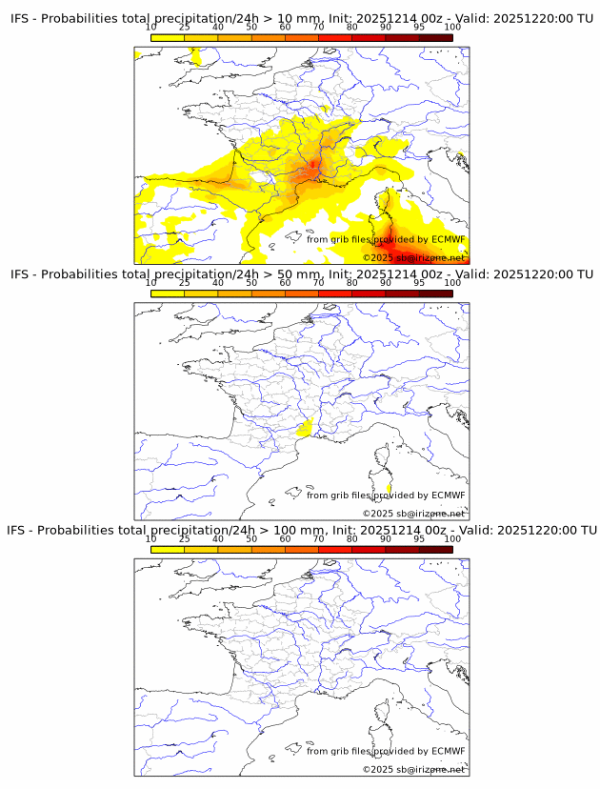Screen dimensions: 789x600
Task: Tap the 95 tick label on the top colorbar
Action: coord(419,27)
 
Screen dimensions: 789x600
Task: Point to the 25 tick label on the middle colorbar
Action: coord(185,282)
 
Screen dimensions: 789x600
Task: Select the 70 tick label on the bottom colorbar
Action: coord(318,538)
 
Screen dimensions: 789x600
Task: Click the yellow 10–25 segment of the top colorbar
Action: coord(168,38)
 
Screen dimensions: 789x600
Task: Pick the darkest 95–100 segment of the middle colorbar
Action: coord(435,293)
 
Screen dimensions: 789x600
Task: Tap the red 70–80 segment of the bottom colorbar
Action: coord(334,550)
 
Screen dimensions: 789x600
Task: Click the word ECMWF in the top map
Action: coord(448,239)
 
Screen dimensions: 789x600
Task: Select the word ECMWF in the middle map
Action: coord(448,495)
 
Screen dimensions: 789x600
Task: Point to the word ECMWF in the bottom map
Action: coord(448,751)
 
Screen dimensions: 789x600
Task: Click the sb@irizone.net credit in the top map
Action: coord(431,257)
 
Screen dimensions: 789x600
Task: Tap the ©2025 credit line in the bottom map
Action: coord(413,769)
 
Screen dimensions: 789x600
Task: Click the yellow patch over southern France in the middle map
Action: coord(307,429)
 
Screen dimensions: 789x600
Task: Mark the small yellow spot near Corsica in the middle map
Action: coord(389,489)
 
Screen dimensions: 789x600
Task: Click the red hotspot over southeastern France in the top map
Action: coord(310,172)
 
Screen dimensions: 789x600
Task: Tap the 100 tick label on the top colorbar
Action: coord(452,27)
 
